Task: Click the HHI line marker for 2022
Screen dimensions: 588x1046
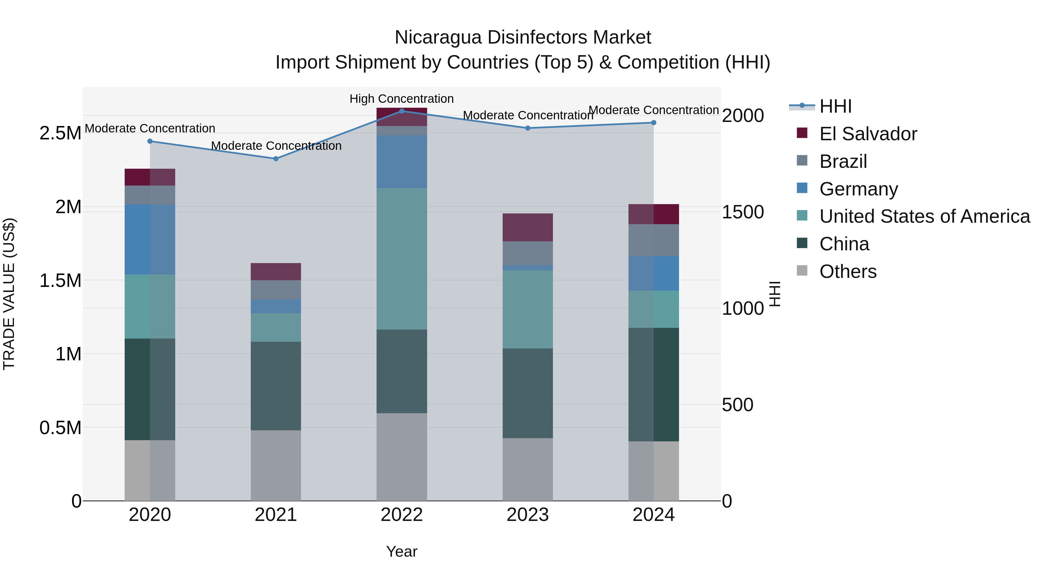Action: click(x=402, y=111)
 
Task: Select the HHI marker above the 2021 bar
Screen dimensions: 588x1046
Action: click(x=276, y=159)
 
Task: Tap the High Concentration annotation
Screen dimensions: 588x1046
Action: click(x=402, y=99)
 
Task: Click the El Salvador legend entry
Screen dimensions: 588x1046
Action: click(x=868, y=134)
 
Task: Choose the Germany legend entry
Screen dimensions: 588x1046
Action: click(x=858, y=189)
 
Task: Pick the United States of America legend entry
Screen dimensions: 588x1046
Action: click(x=925, y=216)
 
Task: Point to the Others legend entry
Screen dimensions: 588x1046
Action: click(x=848, y=271)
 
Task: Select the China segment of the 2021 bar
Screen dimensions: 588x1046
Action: click(x=276, y=386)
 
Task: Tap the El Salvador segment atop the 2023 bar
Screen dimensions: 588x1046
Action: click(x=527, y=227)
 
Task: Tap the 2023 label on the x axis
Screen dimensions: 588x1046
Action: click(x=527, y=515)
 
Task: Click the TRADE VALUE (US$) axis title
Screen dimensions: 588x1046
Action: click(x=9, y=294)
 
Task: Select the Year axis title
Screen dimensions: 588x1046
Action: click(x=402, y=551)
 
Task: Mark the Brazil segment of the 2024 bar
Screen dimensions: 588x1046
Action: click(x=653, y=240)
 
